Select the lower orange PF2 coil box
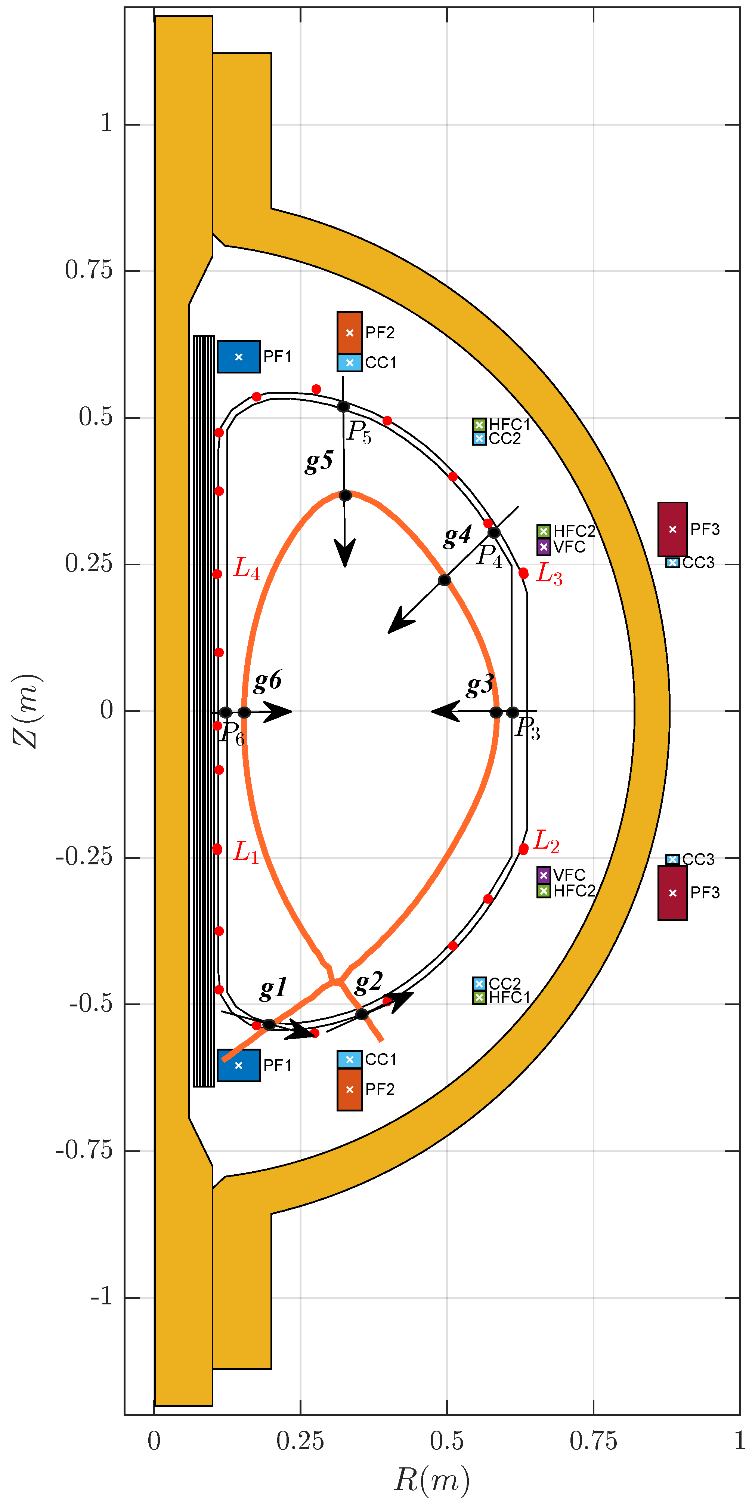(350, 1089)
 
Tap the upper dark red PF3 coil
(672, 529)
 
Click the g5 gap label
(319, 461)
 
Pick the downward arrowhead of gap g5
(345, 553)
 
